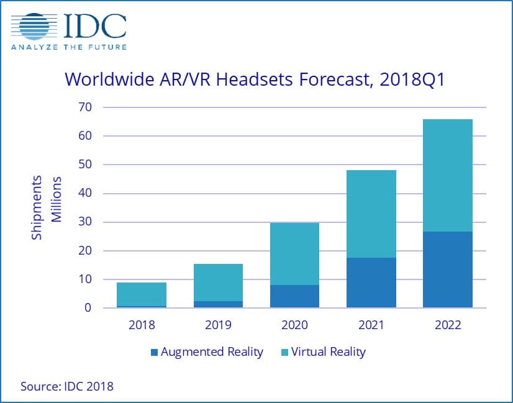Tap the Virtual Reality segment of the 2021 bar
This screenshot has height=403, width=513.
pos(371,214)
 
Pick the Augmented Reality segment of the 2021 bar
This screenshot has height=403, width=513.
pos(371,283)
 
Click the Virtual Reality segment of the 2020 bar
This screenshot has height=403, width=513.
pos(294,253)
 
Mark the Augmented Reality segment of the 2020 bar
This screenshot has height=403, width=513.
pos(294,296)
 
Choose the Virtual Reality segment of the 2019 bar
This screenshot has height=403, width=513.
pos(218,283)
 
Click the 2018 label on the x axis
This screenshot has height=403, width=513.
pos(142,325)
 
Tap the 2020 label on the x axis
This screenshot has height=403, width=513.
pos(294,325)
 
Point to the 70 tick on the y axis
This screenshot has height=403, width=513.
pos(84,107)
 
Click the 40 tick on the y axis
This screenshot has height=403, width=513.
pos(84,194)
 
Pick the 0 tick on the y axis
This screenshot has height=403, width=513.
pos(88,308)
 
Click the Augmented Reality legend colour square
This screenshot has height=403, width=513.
pos(153,353)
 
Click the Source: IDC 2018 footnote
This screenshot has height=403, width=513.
pos(67,386)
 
